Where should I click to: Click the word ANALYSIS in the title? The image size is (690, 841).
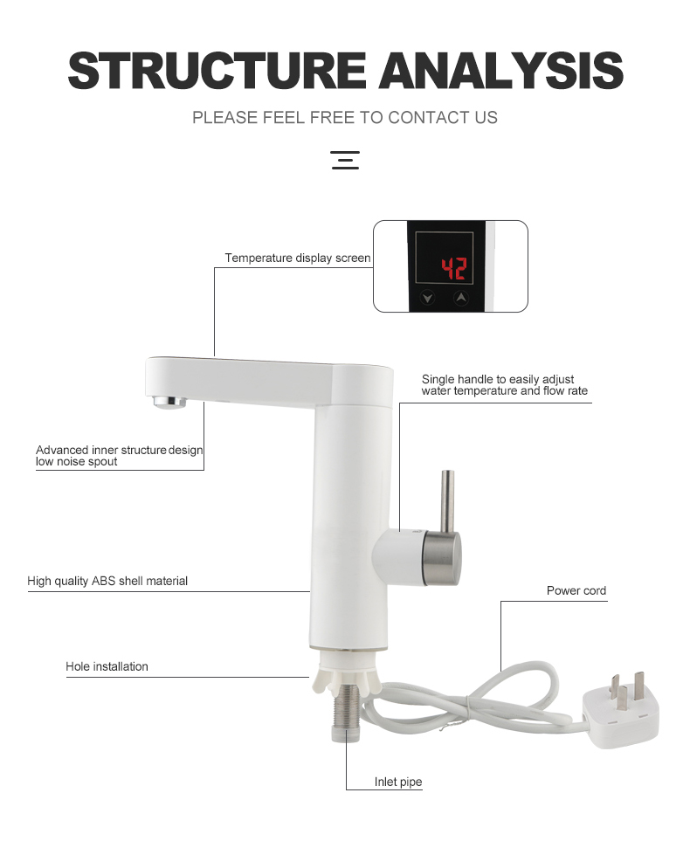(501, 70)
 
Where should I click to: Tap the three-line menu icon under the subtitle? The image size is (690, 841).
(345, 161)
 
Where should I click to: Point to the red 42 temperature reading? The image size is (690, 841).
(454, 269)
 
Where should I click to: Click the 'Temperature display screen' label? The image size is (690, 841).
(298, 258)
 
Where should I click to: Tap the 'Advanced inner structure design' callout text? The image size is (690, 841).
(119, 450)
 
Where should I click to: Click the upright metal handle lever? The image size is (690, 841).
(447, 502)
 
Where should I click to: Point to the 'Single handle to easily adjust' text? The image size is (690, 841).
(498, 379)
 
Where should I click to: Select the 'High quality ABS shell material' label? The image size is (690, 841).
(107, 581)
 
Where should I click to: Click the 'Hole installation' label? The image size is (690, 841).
(107, 666)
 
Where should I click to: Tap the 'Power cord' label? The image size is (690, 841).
(576, 590)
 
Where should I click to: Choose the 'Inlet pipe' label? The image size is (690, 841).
(398, 782)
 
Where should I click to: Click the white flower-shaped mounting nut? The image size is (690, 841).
(346, 675)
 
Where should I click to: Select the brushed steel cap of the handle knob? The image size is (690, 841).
(442, 558)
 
